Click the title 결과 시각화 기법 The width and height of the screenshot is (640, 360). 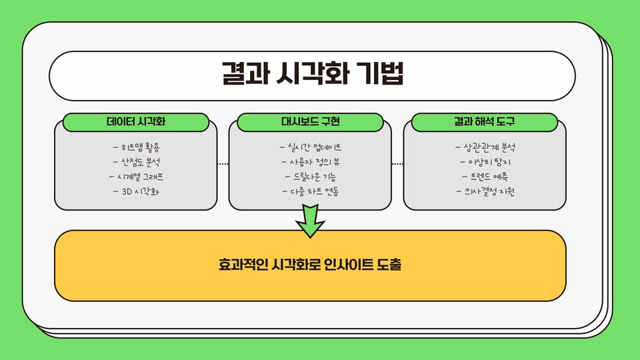pyautogui.click(x=312, y=74)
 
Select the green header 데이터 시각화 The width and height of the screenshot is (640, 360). pyautogui.click(x=136, y=123)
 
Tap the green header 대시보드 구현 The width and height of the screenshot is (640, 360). pyautogui.click(x=311, y=123)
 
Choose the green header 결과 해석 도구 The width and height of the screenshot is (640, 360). pyautogui.click(x=485, y=123)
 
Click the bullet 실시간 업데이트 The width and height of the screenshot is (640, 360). pyautogui.click(x=311, y=147)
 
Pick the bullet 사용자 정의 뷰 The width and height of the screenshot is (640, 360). pyautogui.click(x=311, y=162)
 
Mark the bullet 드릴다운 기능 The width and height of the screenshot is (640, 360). pyautogui.click(x=311, y=177)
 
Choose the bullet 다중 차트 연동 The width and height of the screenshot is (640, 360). pyautogui.click(x=311, y=193)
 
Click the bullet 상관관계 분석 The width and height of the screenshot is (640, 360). pyautogui.click(x=485, y=147)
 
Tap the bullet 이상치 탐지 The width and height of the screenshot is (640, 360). pyautogui.click(x=485, y=162)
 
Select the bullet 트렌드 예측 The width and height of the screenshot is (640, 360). pyautogui.click(x=485, y=177)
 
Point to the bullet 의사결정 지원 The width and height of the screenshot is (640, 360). pyautogui.click(x=485, y=193)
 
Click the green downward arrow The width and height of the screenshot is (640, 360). pyautogui.click(x=310, y=221)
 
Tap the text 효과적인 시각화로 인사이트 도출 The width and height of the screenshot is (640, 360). pyautogui.click(x=310, y=265)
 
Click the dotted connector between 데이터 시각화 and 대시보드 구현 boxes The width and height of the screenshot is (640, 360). pyautogui.click(x=223, y=164)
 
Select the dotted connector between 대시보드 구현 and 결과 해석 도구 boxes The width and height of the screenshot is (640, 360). pyautogui.click(x=397, y=164)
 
